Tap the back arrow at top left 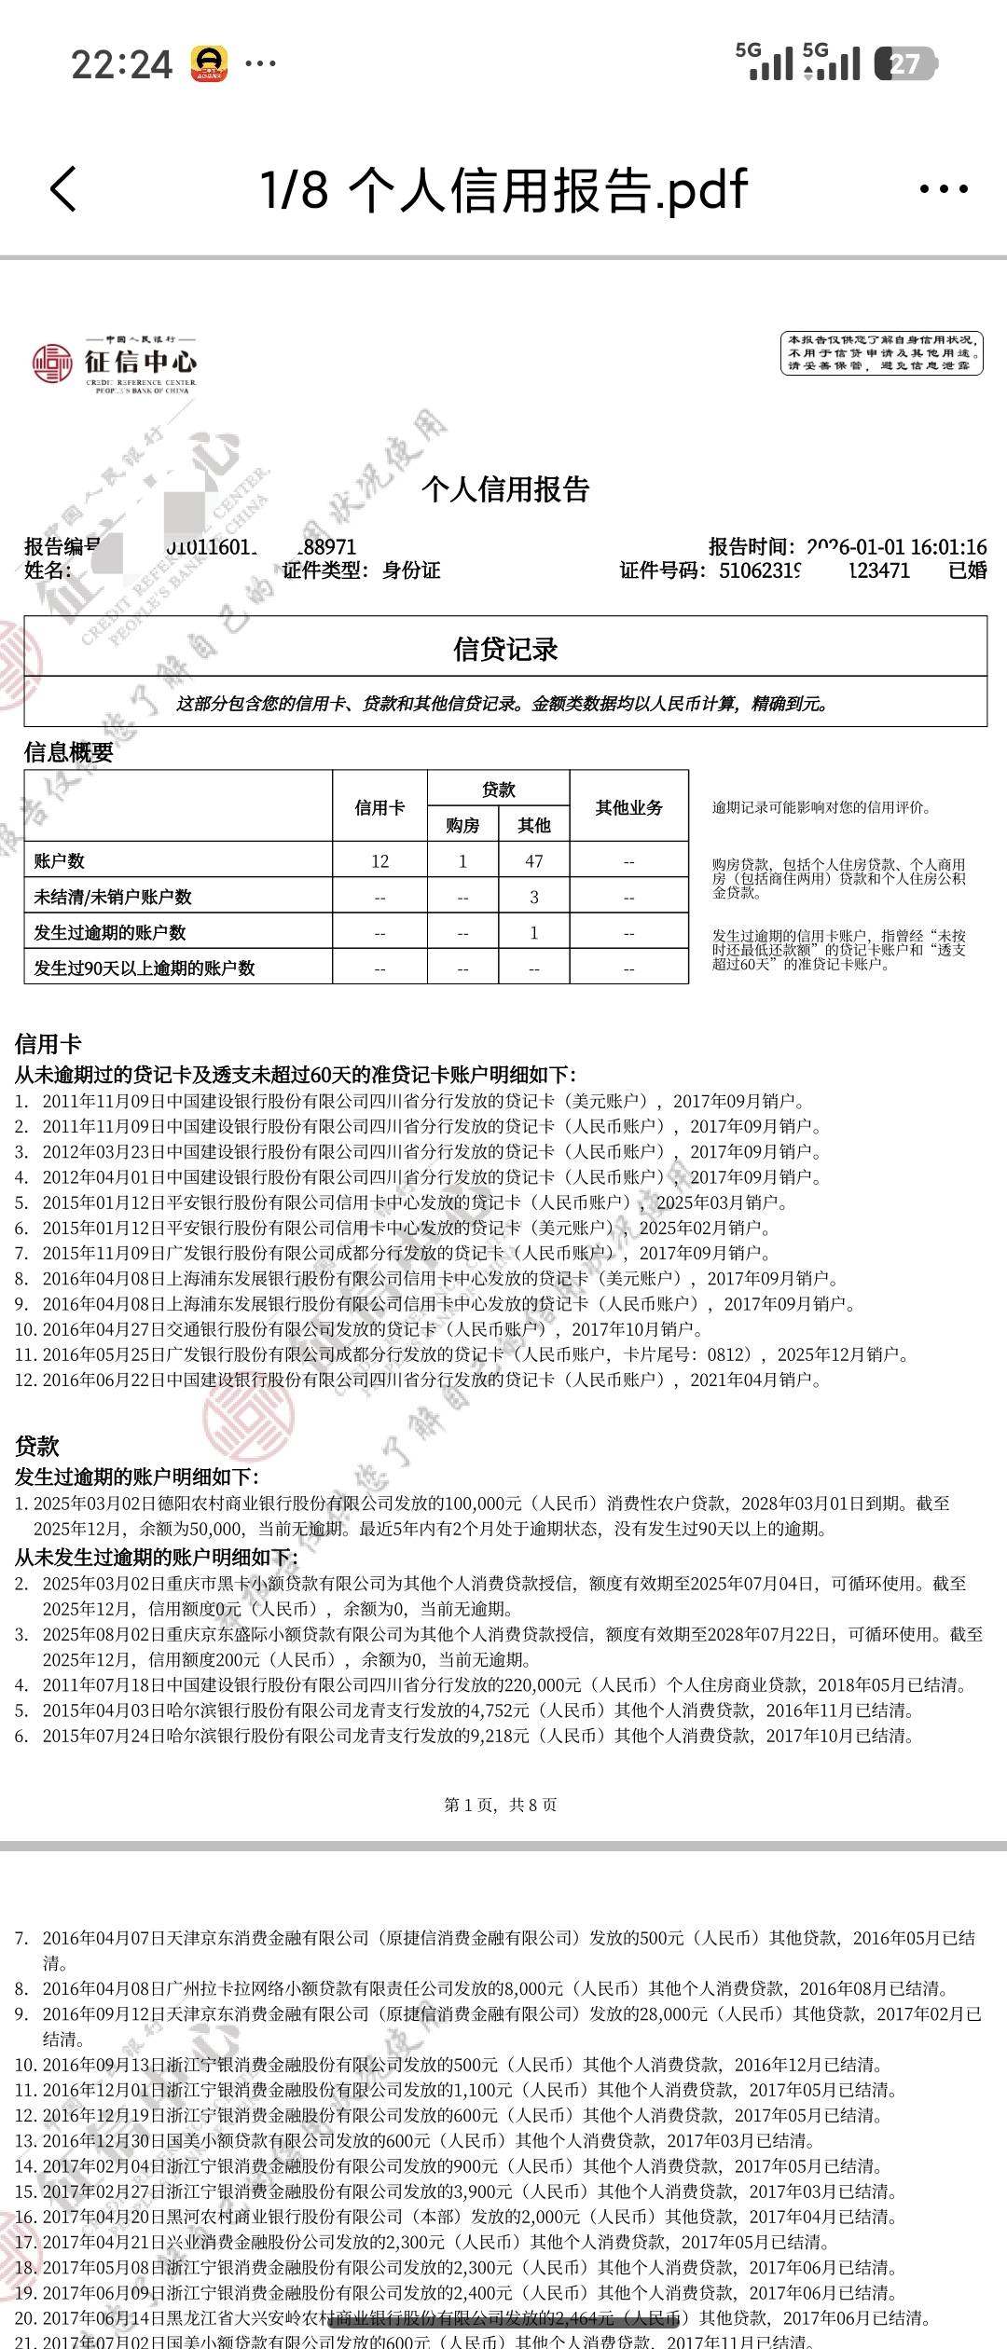pyautogui.click(x=63, y=189)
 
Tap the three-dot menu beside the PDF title pyautogui.click(x=944, y=189)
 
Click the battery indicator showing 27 pyautogui.click(x=905, y=63)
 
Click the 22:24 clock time pyautogui.click(x=121, y=64)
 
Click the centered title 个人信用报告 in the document pyautogui.click(x=505, y=489)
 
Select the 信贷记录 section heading pyautogui.click(x=505, y=649)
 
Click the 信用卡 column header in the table pyautogui.click(x=379, y=807)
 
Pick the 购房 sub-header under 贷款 pyautogui.click(x=462, y=825)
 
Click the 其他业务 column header pyautogui.click(x=628, y=807)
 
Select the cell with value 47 pyautogui.click(x=533, y=861)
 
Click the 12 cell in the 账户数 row pyautogui.click(x=379, y=861)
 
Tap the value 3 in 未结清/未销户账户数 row pyautogui.click(x=533, y=897)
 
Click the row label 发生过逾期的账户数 pyautogui.click(x=110, y=932)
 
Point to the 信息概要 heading pyautogui.click(x=68, y=752)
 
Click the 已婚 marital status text pyautogui.click(x=968, y=570)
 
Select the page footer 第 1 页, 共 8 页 pyautogui.click(x=501, y=1805)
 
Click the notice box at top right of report pyautogui.click(x=881, y=353)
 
